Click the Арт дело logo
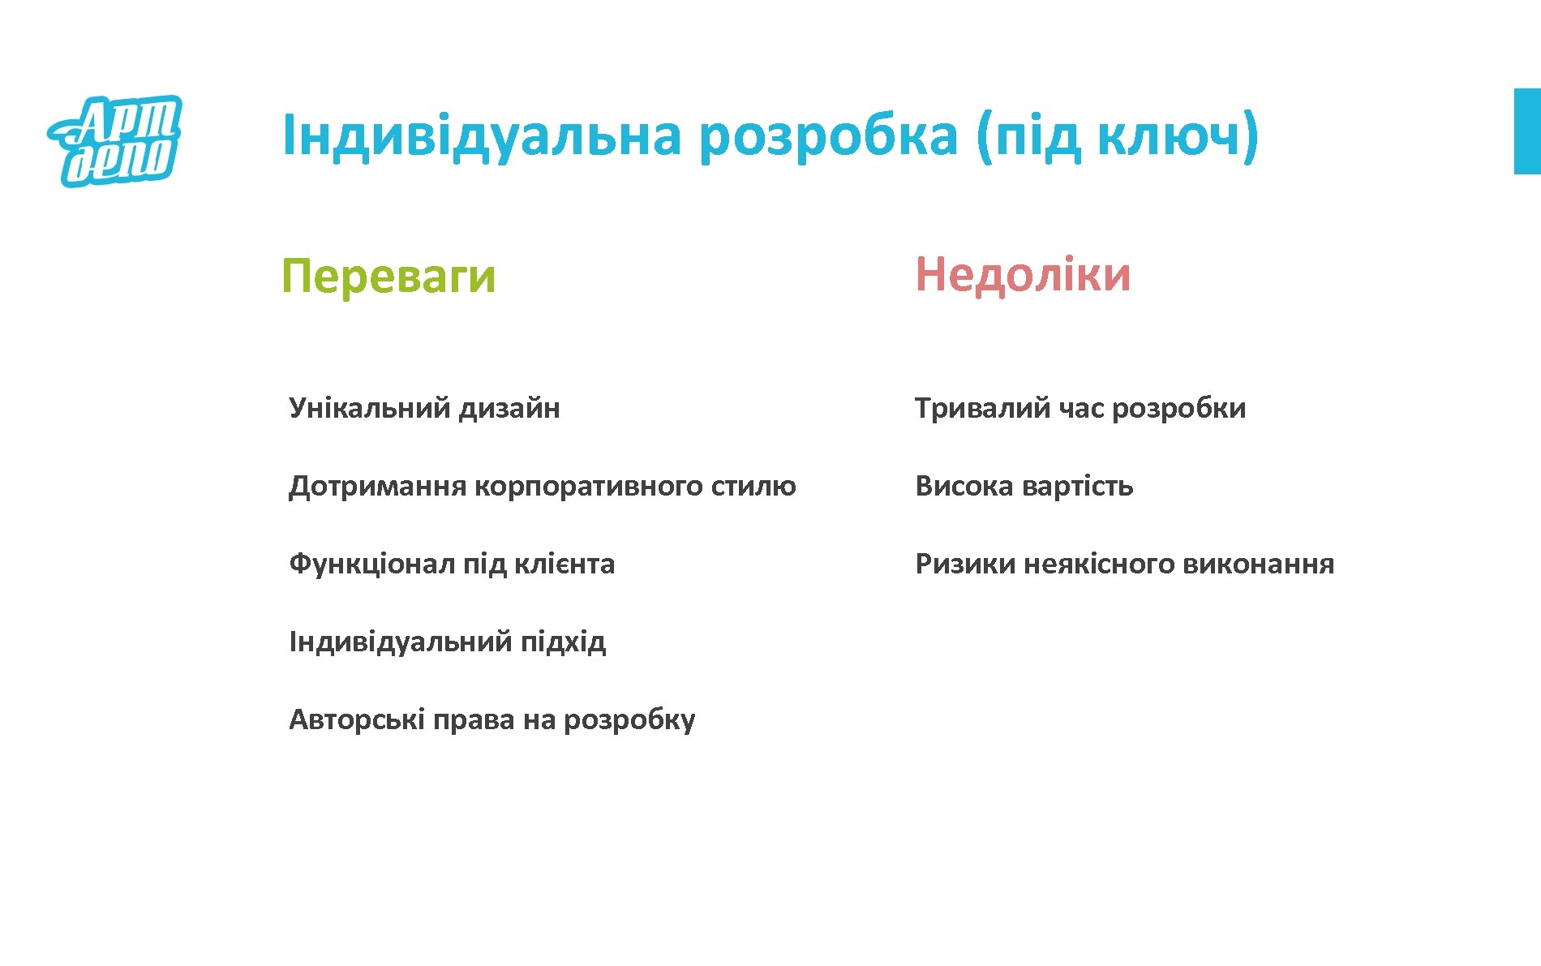(114, 140)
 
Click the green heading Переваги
(388, 276)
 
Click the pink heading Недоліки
(1023, 274)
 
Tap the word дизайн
(509, 407)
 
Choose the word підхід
(563, 642)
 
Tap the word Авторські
(356, 719)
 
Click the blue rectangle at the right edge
(1527, 131)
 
